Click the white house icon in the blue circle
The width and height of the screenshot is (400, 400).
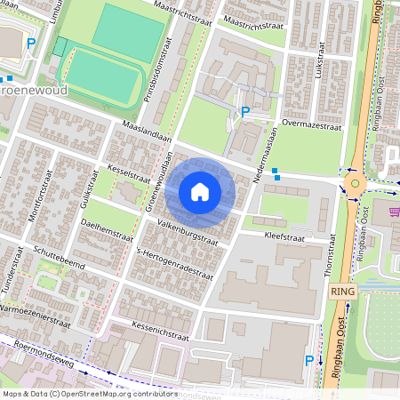pyautogui.click(x=200, y=192)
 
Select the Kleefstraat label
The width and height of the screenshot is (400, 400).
pyautogui.click(x=284, y=236)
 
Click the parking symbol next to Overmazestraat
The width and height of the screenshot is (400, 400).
pyautogui.click(x=244, y=112)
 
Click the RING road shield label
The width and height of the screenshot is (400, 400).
pyautogui.click(x=341, y=291)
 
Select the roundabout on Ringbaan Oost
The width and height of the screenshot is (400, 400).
pyautogui.click(x=356, y=184)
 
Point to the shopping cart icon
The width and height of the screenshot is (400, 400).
pyautogui.click(x=394, y=212)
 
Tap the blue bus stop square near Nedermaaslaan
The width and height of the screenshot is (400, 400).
pyautogui.click(x=276, y=171)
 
